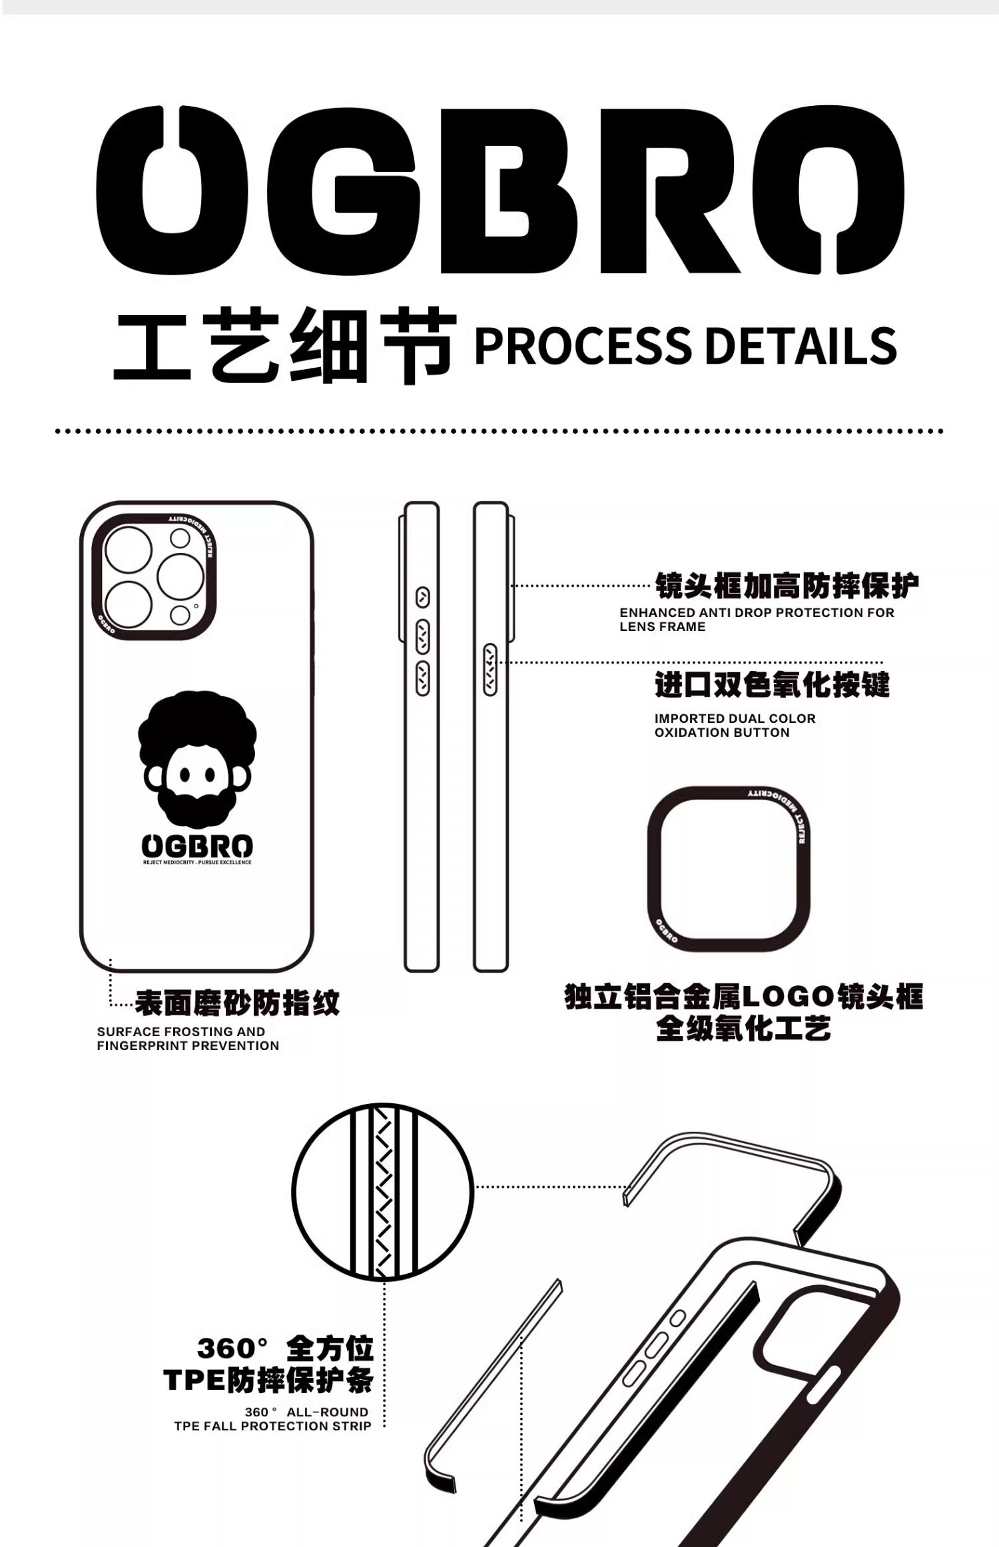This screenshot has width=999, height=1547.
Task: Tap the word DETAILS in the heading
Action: click(800, 345)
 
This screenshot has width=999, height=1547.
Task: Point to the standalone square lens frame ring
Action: click(729, 868)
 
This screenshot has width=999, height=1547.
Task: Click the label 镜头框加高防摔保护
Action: click(787, 586)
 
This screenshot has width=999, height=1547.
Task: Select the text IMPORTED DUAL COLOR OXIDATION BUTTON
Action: click(735, 725)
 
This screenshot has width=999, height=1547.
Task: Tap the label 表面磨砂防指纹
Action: click(237, 1003)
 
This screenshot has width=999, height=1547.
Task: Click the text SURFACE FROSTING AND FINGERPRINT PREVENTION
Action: click(188, 1038)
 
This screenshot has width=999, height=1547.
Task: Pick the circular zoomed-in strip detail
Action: click(382, 1191)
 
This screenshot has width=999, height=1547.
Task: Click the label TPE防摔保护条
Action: click(268, 1379)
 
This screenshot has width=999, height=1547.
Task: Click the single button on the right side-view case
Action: click(491, 670)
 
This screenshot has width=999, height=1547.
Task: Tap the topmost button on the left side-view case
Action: click(422, 597)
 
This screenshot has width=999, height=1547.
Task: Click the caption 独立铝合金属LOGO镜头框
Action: click(743, 997)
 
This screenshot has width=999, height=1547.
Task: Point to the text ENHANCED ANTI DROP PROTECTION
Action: click(757, 612)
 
